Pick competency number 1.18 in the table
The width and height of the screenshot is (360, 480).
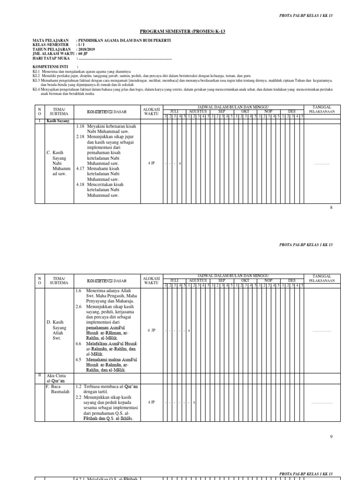coord(80,126)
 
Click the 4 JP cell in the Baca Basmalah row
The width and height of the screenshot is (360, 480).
coord(151,402)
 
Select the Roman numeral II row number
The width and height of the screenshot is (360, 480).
coord(39,375)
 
